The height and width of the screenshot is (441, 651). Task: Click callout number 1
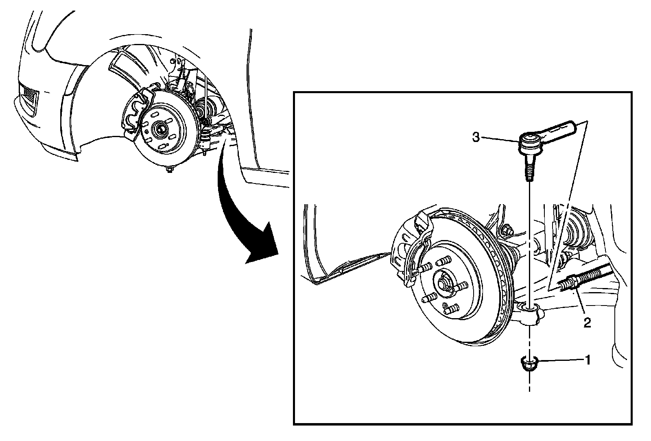click(x=587, y=360)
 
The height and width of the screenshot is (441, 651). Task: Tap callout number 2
click(x=587, y=323)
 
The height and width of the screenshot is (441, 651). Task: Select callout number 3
click(x=476, y=137)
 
